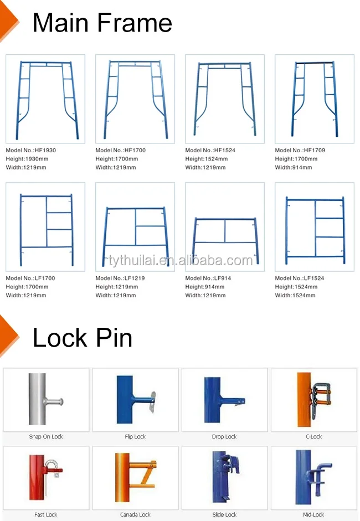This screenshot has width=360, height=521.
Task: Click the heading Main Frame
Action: (x=102, y=23)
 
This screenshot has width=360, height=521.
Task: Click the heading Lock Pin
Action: (x=83, y=338)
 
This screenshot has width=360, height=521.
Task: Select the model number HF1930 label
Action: (x=31, y=150)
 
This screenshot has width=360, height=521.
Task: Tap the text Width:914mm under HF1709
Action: (x=294, y=167)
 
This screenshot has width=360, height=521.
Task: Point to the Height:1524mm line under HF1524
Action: (x=207, y=159)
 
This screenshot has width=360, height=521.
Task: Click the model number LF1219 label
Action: (x=120, y=278)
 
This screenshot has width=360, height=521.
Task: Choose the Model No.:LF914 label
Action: (x=208, y=278)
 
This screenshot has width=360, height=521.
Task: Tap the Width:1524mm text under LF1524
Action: (x=295, y=296)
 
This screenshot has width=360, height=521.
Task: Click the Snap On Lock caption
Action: (x=46, y=437)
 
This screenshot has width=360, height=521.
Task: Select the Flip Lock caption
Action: (x=135, y=437)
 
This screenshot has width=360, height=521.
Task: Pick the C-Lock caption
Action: (x=314, y=437)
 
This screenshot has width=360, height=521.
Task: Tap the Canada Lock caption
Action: (x=135, y=515)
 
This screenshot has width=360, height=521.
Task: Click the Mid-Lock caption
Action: (x=313, y=515)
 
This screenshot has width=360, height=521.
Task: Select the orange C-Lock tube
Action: (x=304, y=399)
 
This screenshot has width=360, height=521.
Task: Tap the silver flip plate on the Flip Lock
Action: (x=152, y=402)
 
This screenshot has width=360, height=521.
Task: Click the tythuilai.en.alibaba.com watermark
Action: (x=181, y=260)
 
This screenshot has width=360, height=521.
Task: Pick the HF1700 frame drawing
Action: (x=135, y=99)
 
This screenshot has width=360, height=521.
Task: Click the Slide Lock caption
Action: (x=224, y=515)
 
